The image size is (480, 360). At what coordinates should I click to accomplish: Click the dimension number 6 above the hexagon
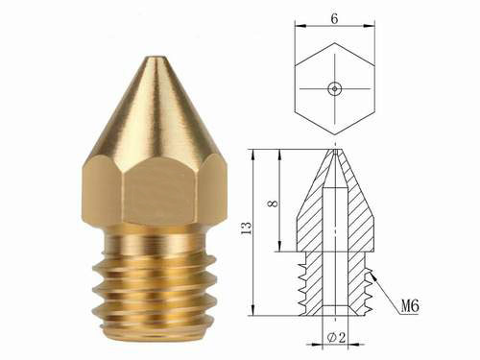point(334,19)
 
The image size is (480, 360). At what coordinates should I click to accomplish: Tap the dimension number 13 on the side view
point(246,228)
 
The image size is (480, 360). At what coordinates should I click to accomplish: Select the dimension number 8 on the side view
point(273,204)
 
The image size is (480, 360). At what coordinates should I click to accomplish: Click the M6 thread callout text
point(410,306)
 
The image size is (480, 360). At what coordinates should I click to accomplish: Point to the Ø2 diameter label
point(336,337)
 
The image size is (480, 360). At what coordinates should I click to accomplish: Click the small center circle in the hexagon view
point(335,88)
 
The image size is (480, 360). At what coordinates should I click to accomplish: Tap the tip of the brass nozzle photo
point(156,58)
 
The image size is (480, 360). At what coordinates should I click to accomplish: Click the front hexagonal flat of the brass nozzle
point(160,190)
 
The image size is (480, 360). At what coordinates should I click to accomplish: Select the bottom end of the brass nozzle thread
point(153,333)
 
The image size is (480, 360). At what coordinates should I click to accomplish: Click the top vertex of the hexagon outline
point(335,43)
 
